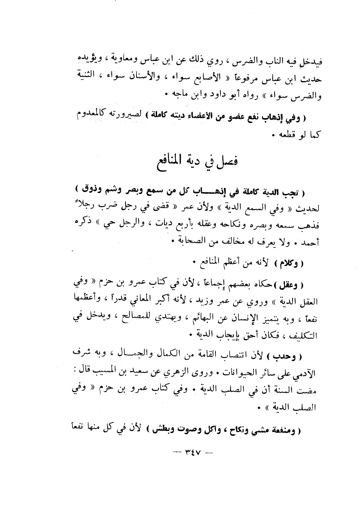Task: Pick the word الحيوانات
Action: point(246,373)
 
